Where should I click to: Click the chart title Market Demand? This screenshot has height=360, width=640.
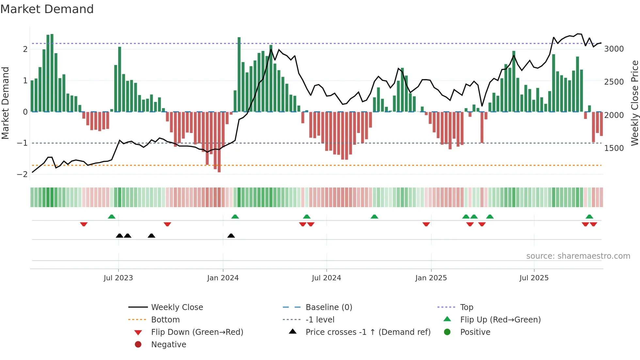pos(47,9)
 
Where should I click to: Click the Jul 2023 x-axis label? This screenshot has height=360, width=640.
pos(118,278)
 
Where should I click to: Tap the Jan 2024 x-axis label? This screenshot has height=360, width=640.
pos(223,278)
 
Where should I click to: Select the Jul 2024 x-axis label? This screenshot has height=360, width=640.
pos(326,278)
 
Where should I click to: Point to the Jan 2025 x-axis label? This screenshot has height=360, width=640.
pos(431,278)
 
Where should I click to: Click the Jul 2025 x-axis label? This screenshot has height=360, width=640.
pos(534,278)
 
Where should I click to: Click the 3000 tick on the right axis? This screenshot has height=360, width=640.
pos(614,49)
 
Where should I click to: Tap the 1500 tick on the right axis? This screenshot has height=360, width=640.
pos(614,148)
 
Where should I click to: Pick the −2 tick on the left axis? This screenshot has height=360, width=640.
pos(22,174)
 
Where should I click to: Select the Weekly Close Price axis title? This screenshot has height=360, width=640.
pos(634,103)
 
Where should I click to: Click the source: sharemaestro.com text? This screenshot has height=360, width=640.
pos(578,256)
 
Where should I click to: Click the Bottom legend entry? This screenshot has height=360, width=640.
pos(165,320)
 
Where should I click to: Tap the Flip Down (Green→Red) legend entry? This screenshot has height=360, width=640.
pos(197,332)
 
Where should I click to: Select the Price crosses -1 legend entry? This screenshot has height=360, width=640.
pos(368,332)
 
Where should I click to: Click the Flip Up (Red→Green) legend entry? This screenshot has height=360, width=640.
pos(500,320)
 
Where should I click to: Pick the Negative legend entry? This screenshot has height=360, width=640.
pos(168,345)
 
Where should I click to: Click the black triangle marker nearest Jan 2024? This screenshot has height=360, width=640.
pos(231,236)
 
